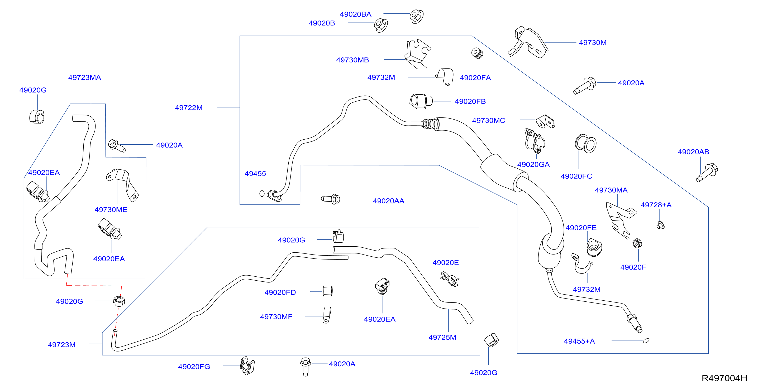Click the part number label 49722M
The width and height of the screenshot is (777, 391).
[189, 107]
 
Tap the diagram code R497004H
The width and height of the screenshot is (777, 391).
[724, 378]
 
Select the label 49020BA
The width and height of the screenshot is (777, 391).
[355, 14]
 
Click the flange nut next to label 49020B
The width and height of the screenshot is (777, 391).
[381, 25]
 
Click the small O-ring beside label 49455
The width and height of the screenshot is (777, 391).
[262, 193]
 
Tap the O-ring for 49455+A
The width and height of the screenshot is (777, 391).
[646, 341]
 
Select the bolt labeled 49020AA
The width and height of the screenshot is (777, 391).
[331, 199]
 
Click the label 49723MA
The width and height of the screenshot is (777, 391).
[84, 77]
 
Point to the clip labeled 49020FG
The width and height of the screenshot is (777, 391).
[247, 366]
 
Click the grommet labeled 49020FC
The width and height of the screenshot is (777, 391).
[586, 144]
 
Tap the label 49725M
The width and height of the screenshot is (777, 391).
[442, 337]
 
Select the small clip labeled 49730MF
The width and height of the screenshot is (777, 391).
[327, 315]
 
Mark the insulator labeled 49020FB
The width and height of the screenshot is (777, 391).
[421, 101]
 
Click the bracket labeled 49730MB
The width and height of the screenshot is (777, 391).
[418, 54]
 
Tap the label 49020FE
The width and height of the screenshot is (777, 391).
[581, 228]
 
